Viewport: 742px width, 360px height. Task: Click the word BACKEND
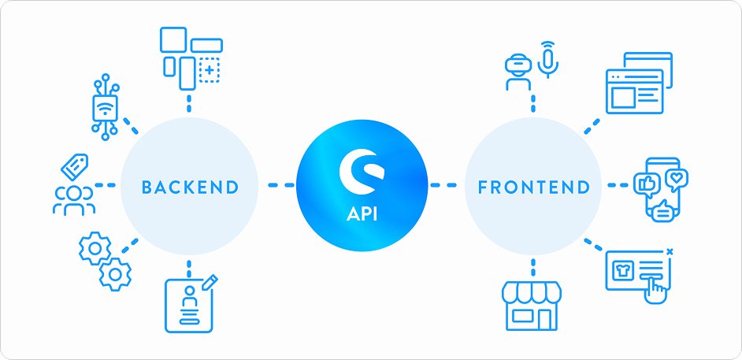[189, 187]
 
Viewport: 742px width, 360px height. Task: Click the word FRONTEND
[533, 187]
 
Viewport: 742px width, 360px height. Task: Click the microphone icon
[549, 59]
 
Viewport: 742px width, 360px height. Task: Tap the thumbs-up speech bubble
[645, 184]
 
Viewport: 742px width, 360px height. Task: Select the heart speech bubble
[676, 178]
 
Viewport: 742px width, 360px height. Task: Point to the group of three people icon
[73, 200]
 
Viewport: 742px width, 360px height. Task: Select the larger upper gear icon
[95, 249]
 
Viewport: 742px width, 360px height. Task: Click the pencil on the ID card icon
[210, 281]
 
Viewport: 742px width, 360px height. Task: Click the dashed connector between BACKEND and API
[280, 187]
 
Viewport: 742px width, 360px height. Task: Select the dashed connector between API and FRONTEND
[443, 187]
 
